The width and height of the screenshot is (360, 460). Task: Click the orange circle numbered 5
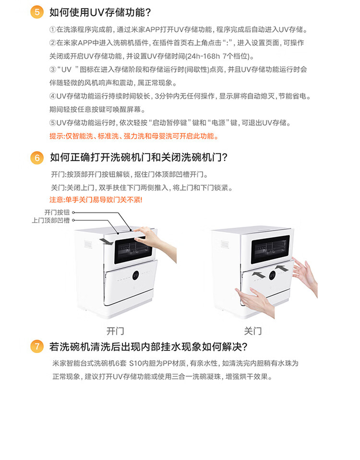(x=37, y=12)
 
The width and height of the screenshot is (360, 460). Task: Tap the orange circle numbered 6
(x=37, y=157)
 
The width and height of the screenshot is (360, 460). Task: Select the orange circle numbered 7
(x=37, y=346)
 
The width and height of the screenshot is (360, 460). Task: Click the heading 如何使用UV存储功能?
(x=100, y=12)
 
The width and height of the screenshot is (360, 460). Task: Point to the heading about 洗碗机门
(x=139, y=157)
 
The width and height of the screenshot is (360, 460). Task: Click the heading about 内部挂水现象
(x=148, y=347)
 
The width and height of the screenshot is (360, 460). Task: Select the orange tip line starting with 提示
(x=134, y=136)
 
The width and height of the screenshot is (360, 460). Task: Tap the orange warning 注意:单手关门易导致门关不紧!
(x=96, y=200)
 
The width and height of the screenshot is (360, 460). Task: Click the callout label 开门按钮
(x=57, y=212)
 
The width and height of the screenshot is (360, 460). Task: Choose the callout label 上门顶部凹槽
(x=51, y=220)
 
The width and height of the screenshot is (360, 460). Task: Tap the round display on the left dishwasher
(x=135, y=275)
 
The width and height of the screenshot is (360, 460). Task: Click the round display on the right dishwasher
(x=272, y=275)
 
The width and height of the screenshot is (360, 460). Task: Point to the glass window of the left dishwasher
(x=133, y=250)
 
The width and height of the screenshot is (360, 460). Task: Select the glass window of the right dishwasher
(x=270, y=249)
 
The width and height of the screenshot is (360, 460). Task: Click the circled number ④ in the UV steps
(x=53, y=96)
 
